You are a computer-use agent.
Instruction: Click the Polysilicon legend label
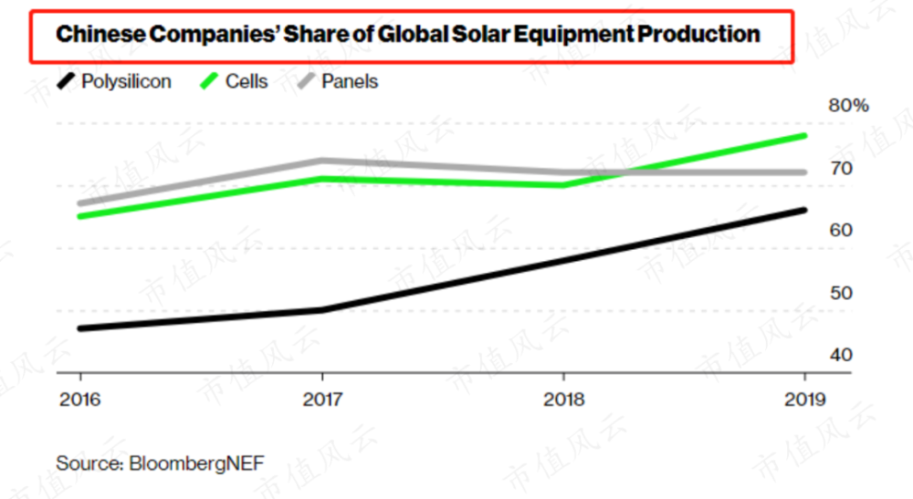click(x=126, y=82)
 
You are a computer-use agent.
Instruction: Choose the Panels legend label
click(x=350, y=82)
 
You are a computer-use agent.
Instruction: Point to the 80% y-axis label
click(x=848, y=106)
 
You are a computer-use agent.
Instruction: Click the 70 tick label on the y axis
click(x=840, y=169)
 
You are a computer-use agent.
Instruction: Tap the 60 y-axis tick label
click(x=840, y=230)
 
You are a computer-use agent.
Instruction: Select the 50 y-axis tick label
click(x=840, y=293)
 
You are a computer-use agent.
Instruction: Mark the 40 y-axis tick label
click(x=840, y=354)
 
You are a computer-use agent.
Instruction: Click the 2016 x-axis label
click(x=79, y=400)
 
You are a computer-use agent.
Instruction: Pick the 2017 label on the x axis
click(x=321, y=400)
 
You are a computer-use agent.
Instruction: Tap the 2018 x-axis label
click(x=563, y=400)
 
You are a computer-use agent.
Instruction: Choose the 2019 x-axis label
click(x=804, y=400)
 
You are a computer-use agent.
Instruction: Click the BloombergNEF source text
click(x=160, y=463)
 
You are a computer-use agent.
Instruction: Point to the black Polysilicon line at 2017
click(x=321, y=310)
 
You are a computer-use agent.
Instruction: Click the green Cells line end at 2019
click(x=804, y=136)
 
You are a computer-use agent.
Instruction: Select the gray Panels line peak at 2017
click(x=321, y=161)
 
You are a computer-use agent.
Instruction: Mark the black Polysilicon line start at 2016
click(x=80, y=328)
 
